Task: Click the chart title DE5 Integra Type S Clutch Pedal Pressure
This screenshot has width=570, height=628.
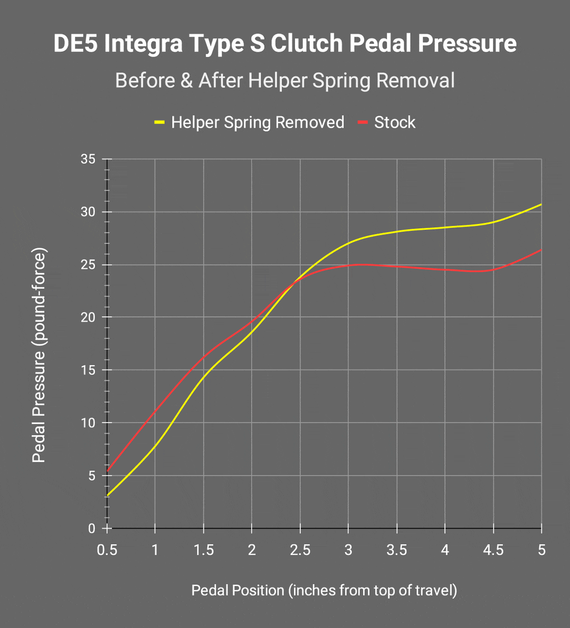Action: coord(285,43)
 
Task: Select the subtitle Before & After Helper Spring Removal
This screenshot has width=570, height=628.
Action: coord(285,81)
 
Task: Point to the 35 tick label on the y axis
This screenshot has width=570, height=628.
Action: coord(88,159)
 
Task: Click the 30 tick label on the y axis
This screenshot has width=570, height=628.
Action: coord(88,212)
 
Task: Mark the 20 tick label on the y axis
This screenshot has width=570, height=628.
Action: coord(88,317)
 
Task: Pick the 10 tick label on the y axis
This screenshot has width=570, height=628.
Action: coord(88,423)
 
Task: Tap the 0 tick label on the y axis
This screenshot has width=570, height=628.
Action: coord(92,529)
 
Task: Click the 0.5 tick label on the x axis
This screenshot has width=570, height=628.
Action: coord(107,550)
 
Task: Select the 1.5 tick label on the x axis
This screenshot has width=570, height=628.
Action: coord(204,550)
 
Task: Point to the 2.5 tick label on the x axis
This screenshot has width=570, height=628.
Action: coord(300,550)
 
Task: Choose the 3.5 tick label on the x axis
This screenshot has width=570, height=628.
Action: coord(397,550)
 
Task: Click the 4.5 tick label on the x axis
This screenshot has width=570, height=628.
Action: coord(493,550)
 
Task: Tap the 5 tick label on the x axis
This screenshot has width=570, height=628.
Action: coord(541,550)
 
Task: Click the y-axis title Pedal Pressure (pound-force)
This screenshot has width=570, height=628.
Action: coord(39,355)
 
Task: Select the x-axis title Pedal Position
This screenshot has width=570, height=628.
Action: coord(324,590)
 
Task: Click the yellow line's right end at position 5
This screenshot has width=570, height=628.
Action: coord(541,204)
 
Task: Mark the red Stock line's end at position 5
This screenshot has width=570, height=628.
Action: coord(541,250)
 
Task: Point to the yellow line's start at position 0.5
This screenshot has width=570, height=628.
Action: coord(108,495)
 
